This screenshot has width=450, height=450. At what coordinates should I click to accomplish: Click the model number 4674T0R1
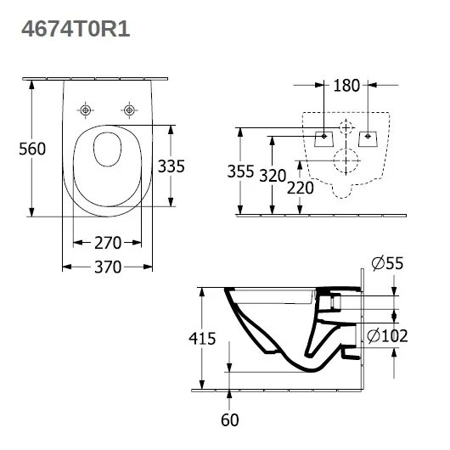(x=76, y=29)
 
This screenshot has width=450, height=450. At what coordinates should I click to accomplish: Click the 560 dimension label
(x=32, y=149)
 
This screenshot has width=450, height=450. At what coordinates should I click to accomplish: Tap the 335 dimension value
(x=172, y=166)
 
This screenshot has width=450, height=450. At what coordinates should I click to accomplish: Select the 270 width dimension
(x=108, y=243)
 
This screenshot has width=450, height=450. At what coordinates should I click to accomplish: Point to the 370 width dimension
(x=108, y=267)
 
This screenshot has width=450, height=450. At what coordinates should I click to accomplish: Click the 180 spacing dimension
(x=346, y=85)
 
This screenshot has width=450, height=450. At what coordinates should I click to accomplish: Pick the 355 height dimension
(x=240, y=172)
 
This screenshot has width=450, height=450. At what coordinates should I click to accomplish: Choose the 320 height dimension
(x=273, y=176)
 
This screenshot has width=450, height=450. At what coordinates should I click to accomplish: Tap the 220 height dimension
(x=301, y=188)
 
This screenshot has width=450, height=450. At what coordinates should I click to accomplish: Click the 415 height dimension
(x=202, y=339)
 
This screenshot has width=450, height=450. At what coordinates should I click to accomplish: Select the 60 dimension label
(x=229, y=420)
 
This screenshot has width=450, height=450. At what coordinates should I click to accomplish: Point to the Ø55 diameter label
(x=387, y=263)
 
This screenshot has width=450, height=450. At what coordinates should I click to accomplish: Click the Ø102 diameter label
(x=387, y=335)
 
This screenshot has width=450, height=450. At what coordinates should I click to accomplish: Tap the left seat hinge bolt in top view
(x=85, y=110)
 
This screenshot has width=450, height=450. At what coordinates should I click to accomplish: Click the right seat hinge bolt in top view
(x=129, y=110)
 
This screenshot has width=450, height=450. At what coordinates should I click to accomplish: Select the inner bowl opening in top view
(x=108, y=149)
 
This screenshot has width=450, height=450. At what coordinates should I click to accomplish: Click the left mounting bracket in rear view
(x=324, y=139)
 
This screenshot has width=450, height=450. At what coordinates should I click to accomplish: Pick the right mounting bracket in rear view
(x=368, y=139)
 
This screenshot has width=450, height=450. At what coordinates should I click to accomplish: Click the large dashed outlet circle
(x=334, y=160)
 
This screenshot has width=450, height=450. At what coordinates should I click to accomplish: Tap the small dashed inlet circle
(x=340, y=127)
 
